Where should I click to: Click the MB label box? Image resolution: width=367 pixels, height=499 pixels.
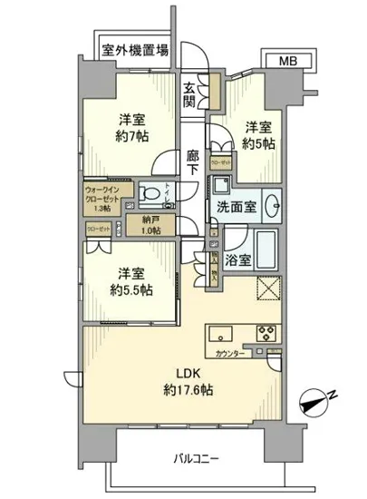coord(288,61)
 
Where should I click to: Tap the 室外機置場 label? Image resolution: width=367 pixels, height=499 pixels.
coord(135,51)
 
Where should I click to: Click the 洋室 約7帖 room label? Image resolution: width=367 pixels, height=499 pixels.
coord(131,132)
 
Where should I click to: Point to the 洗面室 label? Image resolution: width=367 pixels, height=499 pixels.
coord(235,206)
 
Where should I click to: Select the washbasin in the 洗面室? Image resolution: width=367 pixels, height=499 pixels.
coord(273,201)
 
